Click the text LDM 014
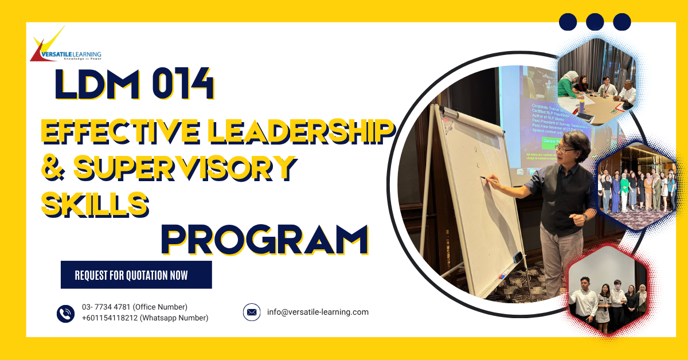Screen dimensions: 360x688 (x=134, y=86)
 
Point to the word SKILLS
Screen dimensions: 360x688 (x=94, y=203)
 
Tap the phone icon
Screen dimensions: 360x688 (x=65, y=313)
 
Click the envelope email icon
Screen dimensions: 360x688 (x=252, y=312)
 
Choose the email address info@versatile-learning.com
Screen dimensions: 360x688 (x=318, y=312)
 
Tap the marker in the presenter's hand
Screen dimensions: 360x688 (x=484, y=179)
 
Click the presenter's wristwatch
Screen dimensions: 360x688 (x=584, y=217)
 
